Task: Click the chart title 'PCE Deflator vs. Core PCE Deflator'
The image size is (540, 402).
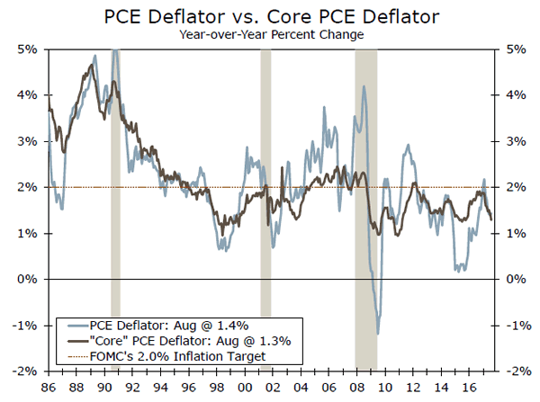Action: tap(270, 15)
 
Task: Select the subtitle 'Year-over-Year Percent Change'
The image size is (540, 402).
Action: tap(269, 34)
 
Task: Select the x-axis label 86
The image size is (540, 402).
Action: tap(47, 387)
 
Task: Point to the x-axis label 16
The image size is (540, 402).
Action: tap(466, 387)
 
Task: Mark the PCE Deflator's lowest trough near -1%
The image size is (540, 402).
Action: tap(378, 334)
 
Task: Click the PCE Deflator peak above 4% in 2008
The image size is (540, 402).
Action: tap(363, 86)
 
